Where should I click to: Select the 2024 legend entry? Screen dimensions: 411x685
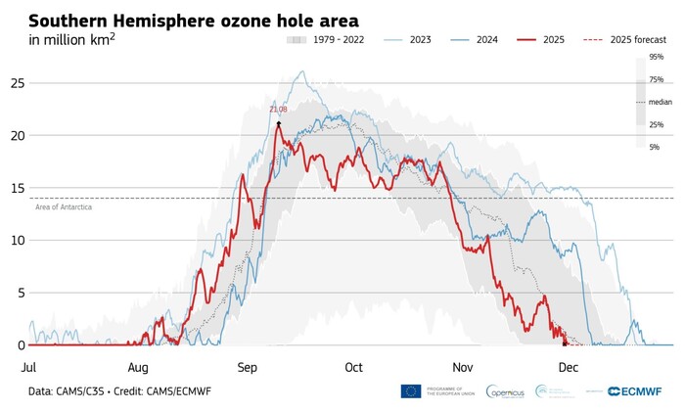(x=486, y=40)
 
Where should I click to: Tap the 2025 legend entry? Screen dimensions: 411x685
(x=551, y=40)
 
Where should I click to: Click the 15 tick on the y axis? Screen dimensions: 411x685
(x=15, y=188)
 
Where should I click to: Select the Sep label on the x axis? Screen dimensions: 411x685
(x=247, y=368)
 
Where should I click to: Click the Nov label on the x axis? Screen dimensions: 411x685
(x=463, y=368)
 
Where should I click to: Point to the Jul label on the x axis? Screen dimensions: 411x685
(x=28, y=368)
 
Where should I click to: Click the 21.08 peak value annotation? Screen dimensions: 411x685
(x=279, y=110)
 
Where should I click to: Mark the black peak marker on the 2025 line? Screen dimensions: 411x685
(x=279, y=123)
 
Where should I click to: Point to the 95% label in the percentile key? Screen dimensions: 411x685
(x=656, y=58)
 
